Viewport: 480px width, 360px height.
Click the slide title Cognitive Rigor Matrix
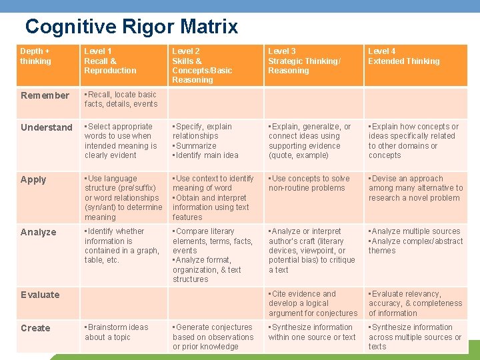coord(131,27)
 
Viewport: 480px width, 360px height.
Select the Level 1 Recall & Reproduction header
coord(110,61)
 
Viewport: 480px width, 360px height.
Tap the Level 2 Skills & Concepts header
coord(202,65)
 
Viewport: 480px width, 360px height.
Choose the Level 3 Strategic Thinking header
coord(303,61)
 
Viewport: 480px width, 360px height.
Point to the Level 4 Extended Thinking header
coord(404,56)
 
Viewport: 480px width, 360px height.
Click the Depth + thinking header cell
coord(36,56)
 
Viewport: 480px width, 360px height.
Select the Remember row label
coord(45,95)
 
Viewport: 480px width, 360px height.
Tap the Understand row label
coord(47,127)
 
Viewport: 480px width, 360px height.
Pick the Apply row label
coord(33,179)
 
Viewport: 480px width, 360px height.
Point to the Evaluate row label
coord(40,295)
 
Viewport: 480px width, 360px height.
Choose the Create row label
coord(35,328)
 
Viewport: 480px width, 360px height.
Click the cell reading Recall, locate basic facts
coord(121,99)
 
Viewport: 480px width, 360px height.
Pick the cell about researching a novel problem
coord(415,188)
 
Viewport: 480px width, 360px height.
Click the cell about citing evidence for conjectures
coord(313,303)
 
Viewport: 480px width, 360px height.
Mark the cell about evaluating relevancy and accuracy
coord(415,303)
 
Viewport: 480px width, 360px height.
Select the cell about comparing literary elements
coord(213,255)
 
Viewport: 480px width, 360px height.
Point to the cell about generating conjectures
coord(213,337)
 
